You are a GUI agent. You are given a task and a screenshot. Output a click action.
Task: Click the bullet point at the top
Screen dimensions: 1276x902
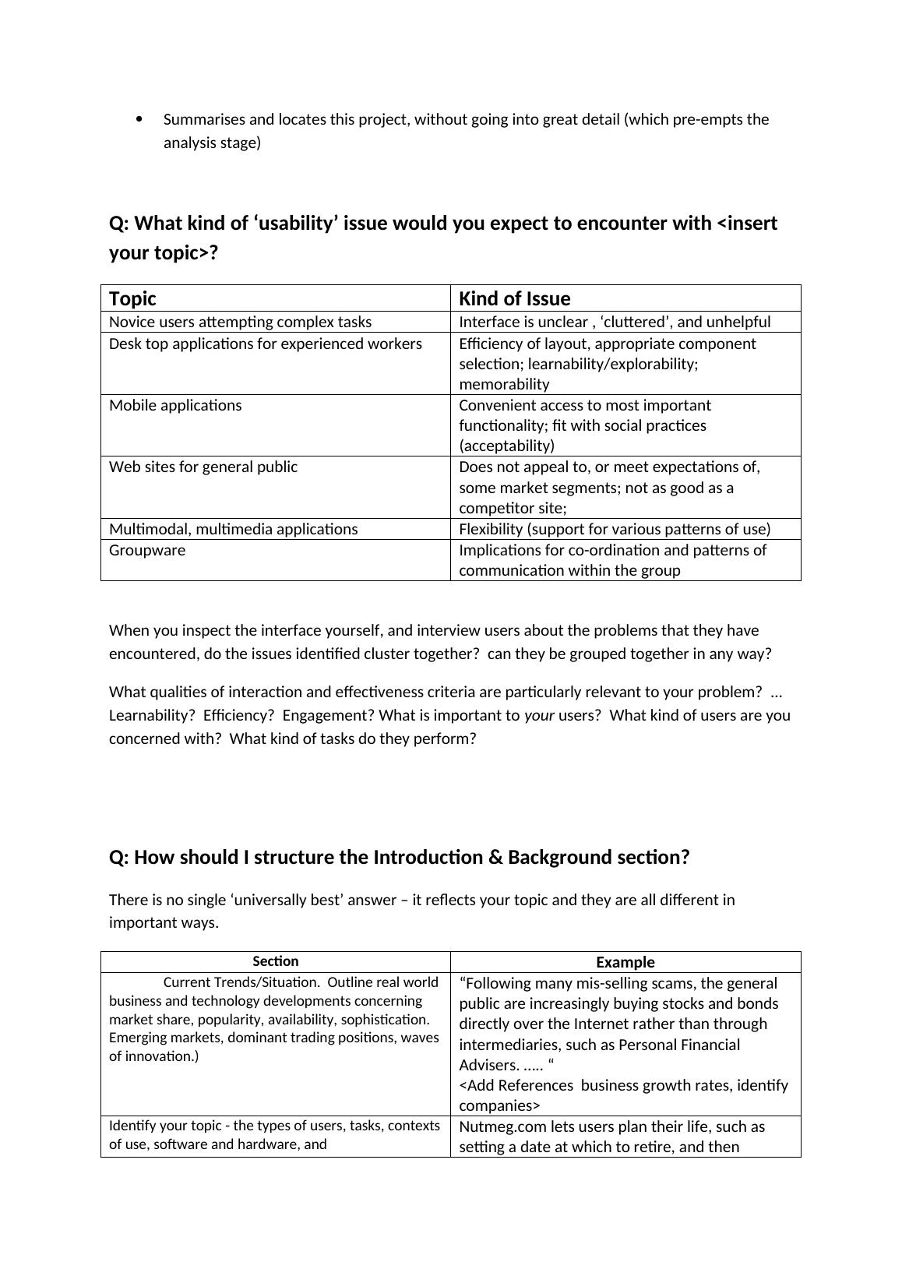(139, 119)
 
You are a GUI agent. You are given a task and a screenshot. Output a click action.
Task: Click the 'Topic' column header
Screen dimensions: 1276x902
(133, 298)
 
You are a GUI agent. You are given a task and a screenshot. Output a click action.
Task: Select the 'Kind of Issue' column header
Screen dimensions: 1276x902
(515, 298)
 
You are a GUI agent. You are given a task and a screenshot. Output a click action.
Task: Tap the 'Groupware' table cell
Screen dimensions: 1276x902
(147, 550)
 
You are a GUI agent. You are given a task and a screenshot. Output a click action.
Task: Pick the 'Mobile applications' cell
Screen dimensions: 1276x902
(175, 405)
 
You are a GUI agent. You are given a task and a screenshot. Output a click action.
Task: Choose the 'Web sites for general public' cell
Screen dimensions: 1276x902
(203, 467)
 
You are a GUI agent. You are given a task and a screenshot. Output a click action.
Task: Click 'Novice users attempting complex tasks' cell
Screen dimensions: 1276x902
(240, 322)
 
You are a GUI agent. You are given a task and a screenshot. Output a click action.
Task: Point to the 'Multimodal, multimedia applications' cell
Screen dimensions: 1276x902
(234, 529)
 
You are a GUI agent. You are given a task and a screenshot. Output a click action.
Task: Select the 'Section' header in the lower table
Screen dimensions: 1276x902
(276, 961)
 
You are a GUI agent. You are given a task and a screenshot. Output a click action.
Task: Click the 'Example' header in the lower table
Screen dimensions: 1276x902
(625, 962)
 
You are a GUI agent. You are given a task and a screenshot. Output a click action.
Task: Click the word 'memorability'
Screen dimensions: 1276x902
(504, 384)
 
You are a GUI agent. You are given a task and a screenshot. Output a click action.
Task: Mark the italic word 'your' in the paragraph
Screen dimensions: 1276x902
(539, 715)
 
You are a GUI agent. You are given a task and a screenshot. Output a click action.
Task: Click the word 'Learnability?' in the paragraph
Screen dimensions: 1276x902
(152, 715)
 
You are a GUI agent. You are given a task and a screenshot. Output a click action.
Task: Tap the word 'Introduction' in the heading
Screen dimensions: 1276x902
(428, 857)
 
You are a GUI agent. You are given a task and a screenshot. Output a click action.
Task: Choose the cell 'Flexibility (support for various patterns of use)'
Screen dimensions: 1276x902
(615, 529)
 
